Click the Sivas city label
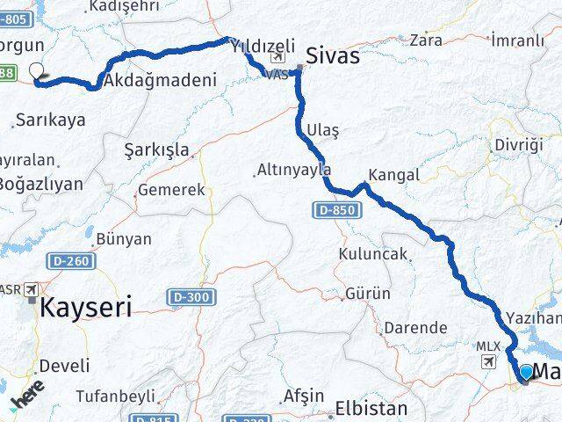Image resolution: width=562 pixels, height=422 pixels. [332, 56]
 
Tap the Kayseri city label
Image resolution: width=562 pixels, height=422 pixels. [86, 308]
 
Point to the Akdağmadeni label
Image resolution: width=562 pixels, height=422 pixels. [159, 81]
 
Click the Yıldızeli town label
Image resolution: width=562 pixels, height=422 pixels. [262, 49]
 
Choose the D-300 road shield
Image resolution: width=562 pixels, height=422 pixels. [193, 297]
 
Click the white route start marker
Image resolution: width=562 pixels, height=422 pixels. [37, 72]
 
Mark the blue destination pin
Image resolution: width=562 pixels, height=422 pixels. [526, 374]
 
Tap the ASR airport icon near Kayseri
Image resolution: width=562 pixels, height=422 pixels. [32, 289]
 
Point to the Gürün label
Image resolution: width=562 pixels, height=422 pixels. [368, 294]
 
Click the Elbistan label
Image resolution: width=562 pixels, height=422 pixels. [371, 409]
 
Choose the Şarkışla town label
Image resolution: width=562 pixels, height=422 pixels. [158, 149]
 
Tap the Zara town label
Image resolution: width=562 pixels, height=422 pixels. [426, 40]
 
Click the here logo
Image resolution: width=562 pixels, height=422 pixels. [26, 396]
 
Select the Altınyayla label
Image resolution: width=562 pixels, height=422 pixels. [292, 170]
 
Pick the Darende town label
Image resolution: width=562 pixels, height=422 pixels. [415, 327]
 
